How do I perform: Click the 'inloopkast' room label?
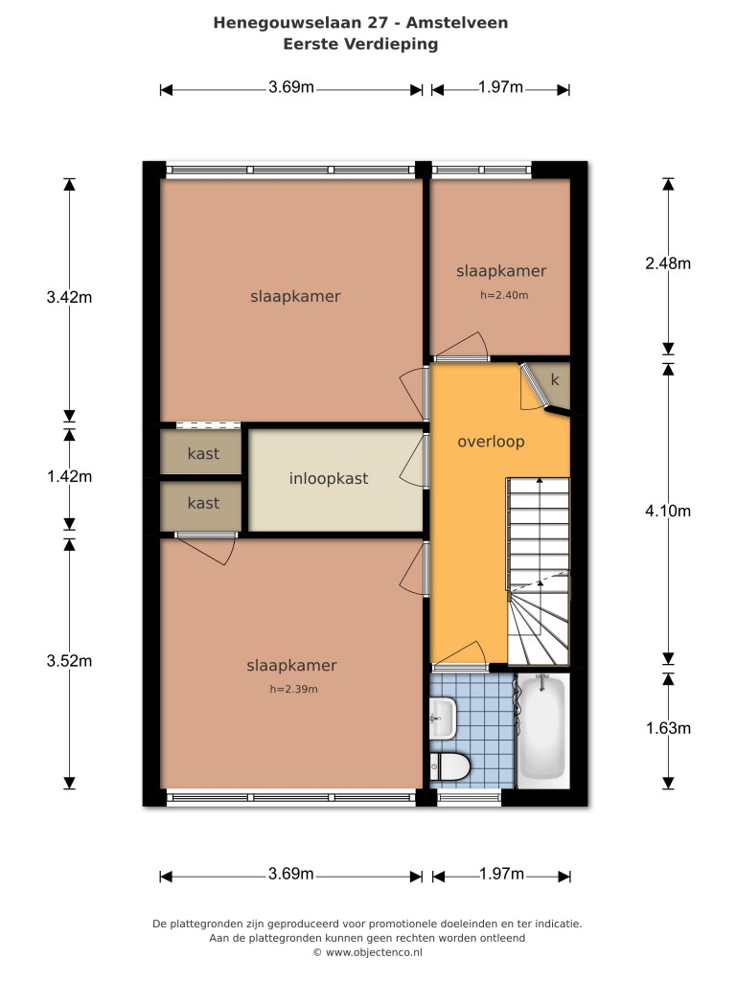click(329, 479)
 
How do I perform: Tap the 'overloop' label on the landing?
click(491, 442)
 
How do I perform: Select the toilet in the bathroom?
click(449, 767)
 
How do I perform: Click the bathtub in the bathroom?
click(542, 728)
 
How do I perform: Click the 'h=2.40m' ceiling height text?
click(504, 295)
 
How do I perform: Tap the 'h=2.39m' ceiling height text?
click(293, 690)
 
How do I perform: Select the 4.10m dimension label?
click(668, 512)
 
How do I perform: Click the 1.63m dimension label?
click(668, 728)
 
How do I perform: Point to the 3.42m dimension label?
click(69, 297)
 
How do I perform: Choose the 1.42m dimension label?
click(69, 477)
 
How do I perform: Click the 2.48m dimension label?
click(668, 263)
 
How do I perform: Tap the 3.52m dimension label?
click(69, 661)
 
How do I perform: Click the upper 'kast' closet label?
click(203, 453)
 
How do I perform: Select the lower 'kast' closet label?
click(203, 503)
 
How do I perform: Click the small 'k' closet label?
click(555, 379)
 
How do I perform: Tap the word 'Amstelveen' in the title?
click(457, 23)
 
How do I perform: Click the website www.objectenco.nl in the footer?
click(374, 953)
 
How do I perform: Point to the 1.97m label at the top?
click(500, 87)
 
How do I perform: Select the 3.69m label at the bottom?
click(291, 874)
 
